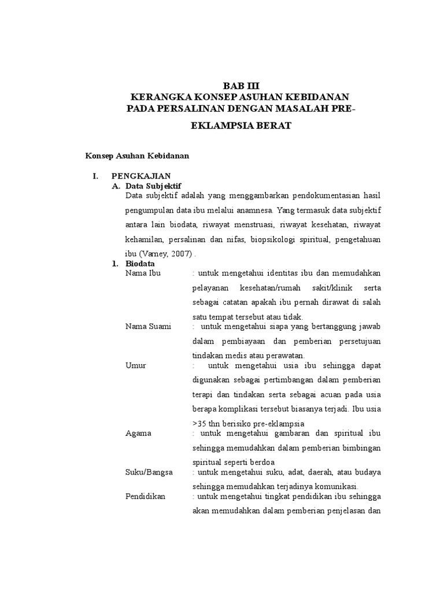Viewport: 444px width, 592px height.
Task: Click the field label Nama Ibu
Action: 143,273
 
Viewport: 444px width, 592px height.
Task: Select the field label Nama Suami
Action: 148,327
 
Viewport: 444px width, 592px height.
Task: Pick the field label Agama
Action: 138,433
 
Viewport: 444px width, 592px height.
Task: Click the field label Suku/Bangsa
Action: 149,472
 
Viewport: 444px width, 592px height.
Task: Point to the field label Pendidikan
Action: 145,497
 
